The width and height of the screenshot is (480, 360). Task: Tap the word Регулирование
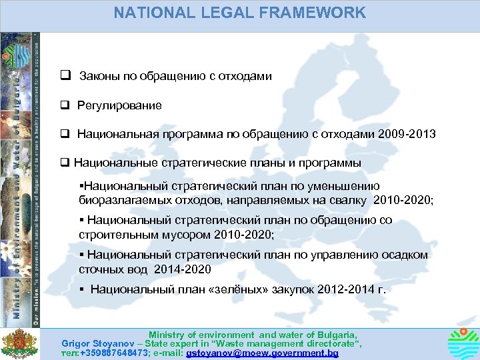[x=119, y=105]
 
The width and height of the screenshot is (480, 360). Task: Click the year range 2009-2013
[x=406, y=134]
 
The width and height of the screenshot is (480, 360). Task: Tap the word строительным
[x=111, y=234]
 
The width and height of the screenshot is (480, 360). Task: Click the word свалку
[x=351, y=199]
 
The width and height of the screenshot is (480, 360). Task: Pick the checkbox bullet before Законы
[x=65, y=76]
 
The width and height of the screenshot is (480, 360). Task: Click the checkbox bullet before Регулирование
[x=65, y=105]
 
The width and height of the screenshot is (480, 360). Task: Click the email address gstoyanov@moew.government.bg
[x=263, y=353]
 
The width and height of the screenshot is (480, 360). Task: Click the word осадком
[x=404, y=255]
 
